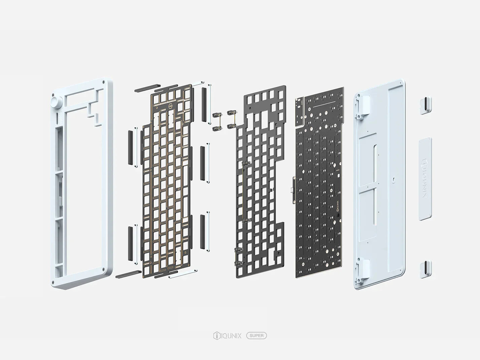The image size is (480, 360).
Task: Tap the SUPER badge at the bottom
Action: tap(256, 335)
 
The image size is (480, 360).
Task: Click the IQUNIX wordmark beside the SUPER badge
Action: tap(231, 335)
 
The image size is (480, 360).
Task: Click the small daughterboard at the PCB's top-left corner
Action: tap(300, 110)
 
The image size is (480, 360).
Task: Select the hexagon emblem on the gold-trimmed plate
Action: tap(171, 106)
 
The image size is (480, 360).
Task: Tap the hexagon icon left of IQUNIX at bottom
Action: tap(216, 335)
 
